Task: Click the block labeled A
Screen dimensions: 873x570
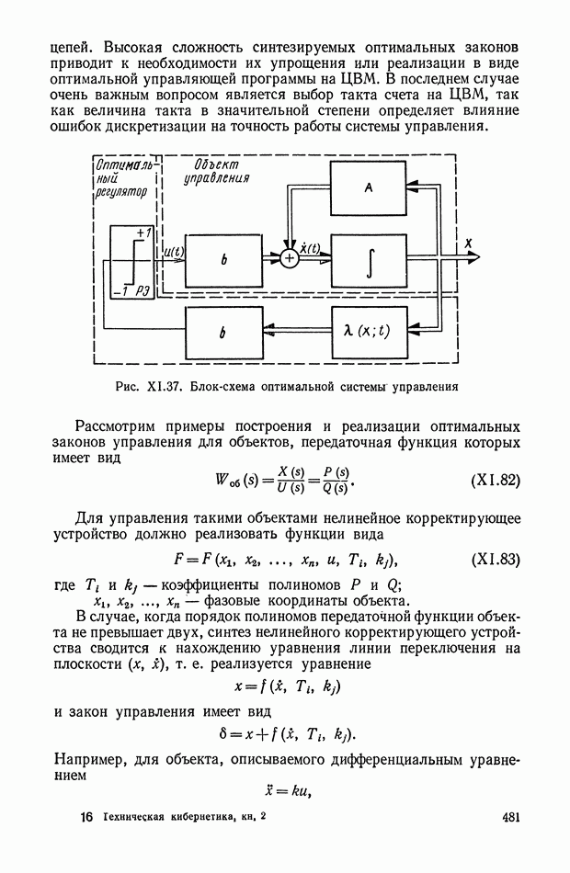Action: pos(367,188)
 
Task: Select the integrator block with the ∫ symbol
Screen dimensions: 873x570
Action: pos(367,259)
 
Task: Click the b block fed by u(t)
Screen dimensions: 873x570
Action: pos(223,260)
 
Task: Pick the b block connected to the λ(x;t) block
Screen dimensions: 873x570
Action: pos(223,334)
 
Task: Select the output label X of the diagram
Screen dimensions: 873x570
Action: pos(469,244)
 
